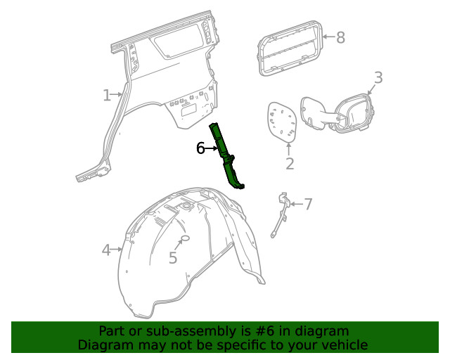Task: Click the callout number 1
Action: coord(107,95)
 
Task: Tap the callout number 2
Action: coord(290,164)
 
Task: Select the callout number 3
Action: coord(378,77)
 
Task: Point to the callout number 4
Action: coord(106,250)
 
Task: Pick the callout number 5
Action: coord(173,258)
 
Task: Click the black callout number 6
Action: coord(200,148)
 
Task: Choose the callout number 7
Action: coord(307,204)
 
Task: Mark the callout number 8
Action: coord(340,37)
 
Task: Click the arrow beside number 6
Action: coord(212,149)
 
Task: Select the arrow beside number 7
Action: coord(295,204)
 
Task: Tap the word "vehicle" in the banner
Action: coord(342,345)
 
